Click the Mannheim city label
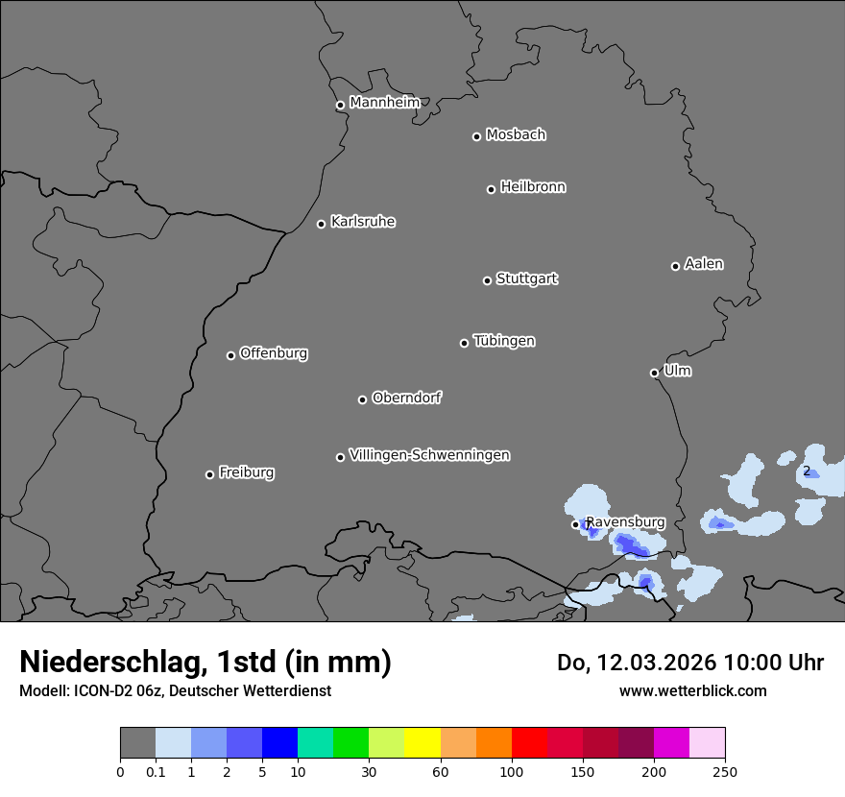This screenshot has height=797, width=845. tap(384, 103)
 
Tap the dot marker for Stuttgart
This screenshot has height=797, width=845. tap(487, 280)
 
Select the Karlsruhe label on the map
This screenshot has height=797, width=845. tap(363, 222)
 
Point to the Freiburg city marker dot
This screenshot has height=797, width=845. tap(209, 474)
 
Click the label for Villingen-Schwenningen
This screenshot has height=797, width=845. tap(429, 455)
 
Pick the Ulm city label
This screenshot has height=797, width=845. tap(677, 371)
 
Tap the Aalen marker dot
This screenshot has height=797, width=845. tap(675, 266)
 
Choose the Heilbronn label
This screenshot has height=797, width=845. tap(533, 187)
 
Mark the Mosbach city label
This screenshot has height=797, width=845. tap(516, 135)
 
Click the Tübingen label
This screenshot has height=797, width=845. tap(504, 341)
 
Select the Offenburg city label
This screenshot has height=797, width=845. tap(274, 353)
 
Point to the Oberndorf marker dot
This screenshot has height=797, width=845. tap(362, 399)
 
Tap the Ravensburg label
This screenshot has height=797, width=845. tap(625, 522)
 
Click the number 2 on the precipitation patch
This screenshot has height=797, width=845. tap(807, 471)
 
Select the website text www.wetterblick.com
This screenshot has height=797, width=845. tap(692, 690)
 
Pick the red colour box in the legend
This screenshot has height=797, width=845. tap(529, 743)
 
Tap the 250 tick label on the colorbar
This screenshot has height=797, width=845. tap(725, 771)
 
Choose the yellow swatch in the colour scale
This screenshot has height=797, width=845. tap(422, 743)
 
